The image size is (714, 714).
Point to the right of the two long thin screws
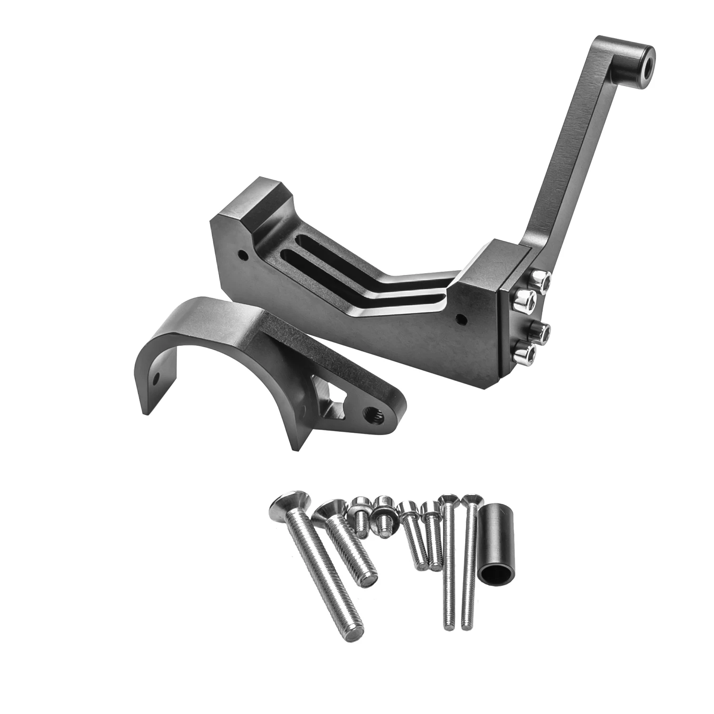[469, 562]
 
